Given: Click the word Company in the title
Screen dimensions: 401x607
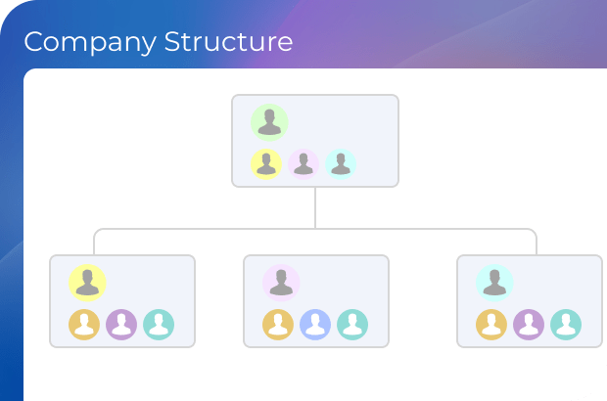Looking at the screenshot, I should [x=89, y=43].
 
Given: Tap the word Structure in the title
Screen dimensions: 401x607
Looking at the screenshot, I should [x=228, y=43].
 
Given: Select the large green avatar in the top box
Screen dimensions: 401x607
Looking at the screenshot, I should [x=268, y=122].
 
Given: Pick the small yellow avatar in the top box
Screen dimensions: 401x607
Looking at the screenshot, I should [x=266, y=164].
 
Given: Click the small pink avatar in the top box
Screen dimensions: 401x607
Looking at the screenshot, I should [x=303, y=164].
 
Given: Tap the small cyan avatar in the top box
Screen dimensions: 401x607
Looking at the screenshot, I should [x=341, y=164].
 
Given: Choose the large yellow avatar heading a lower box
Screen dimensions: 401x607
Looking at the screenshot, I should [x=87, y=283].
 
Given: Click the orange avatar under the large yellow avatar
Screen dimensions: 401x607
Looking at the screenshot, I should [x=84, y=324].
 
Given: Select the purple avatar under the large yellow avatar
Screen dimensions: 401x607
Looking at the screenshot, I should [x=121, y=324].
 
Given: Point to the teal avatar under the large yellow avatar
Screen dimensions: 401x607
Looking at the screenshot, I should [x=159, y=324].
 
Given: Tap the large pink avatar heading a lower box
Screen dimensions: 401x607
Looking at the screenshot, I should [x=281, y=283].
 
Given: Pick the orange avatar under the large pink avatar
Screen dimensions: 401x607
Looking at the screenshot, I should [x=278, y=324].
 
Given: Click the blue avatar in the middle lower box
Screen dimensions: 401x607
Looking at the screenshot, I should [x=315, y=324].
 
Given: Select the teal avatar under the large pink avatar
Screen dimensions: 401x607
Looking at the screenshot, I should [x=352, y=324].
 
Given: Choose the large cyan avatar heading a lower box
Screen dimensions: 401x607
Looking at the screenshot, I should [x=494, y=283].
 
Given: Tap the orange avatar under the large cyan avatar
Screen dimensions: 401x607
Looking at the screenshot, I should [x=491, y=324].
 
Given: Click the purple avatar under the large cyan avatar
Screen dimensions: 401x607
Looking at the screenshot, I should [x=529, y=324].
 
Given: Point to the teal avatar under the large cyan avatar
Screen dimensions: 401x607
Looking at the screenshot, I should [x=566, y=324].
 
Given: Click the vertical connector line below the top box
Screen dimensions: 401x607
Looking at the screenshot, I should [x=315, y=207].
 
